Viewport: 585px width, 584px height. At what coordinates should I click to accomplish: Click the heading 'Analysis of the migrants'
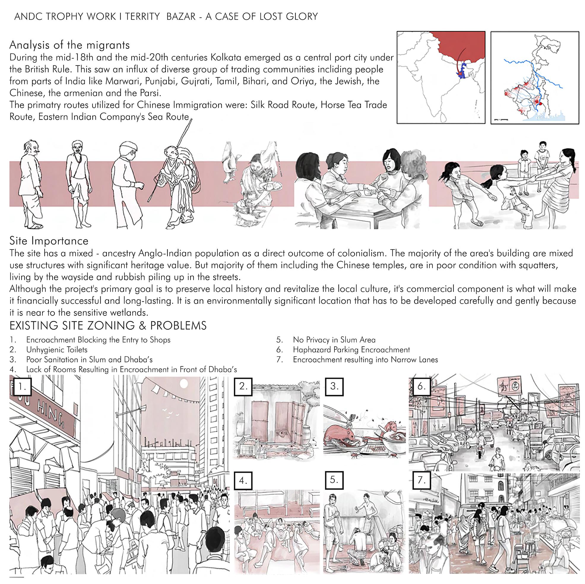(70, 45)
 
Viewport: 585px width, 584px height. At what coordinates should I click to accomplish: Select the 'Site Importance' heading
(49, 241)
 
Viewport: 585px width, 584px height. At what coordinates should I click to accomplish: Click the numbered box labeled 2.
(243, 386)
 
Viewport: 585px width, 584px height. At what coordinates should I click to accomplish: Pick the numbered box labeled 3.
(334, 386)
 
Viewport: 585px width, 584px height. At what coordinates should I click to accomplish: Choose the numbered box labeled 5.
(334, 480)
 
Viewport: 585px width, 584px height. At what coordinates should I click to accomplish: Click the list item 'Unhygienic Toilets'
(57, 350)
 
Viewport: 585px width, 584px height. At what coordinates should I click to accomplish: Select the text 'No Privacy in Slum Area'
(334, 340)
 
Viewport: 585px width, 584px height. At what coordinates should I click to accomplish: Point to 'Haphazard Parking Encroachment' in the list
(351, 350)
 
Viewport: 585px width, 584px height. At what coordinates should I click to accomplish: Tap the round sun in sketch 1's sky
(184, 384)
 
